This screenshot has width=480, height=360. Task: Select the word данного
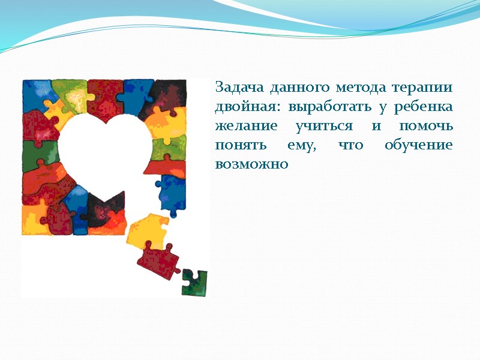tap(295, 88)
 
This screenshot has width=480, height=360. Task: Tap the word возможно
tap(251, 165)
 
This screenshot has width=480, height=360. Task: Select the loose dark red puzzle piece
tap(158, 258)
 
